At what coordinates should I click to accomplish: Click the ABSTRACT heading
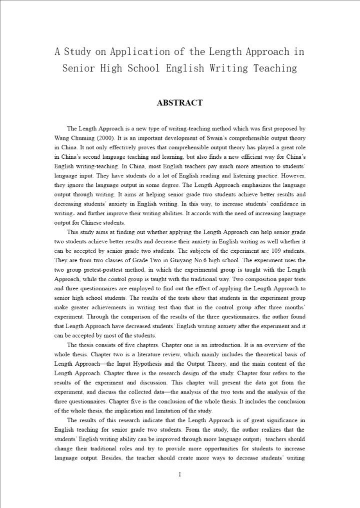[179, 103]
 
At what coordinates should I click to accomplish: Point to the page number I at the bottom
[179, 474]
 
